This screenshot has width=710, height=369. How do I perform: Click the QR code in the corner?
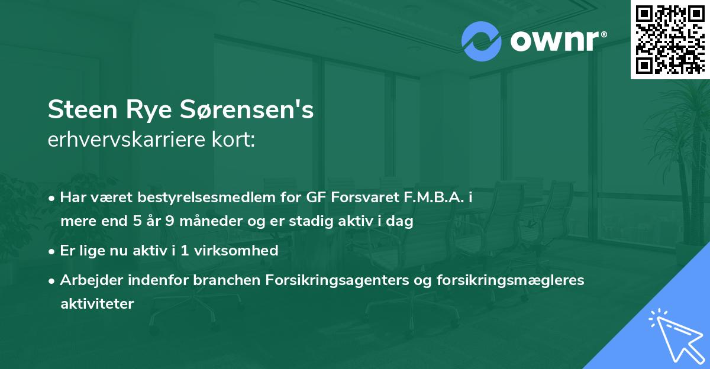tap(670, 40)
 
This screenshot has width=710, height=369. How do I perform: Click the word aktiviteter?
tap(97, 303)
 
